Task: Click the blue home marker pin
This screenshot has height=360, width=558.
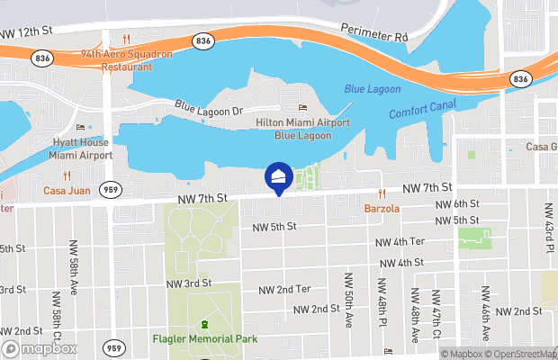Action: click(279, 177)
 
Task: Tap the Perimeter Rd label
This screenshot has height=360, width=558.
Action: click(374, 32)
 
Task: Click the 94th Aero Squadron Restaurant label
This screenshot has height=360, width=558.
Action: click(126, 59)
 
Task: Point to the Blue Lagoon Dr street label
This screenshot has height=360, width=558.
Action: click(209, 107)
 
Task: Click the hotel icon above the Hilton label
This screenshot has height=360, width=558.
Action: click(302, 108)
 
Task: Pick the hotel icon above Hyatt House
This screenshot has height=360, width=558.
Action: click(80, 127)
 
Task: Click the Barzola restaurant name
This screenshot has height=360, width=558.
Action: click(382, 209)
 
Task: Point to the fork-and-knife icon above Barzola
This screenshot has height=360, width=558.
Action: click(382, 193)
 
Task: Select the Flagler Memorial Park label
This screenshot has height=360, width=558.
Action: click(204, 339)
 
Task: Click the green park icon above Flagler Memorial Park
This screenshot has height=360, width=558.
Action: click(204, 324)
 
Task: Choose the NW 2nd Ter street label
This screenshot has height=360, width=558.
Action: click(284, 289)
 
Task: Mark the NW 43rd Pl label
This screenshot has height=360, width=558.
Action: click(546, 225)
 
